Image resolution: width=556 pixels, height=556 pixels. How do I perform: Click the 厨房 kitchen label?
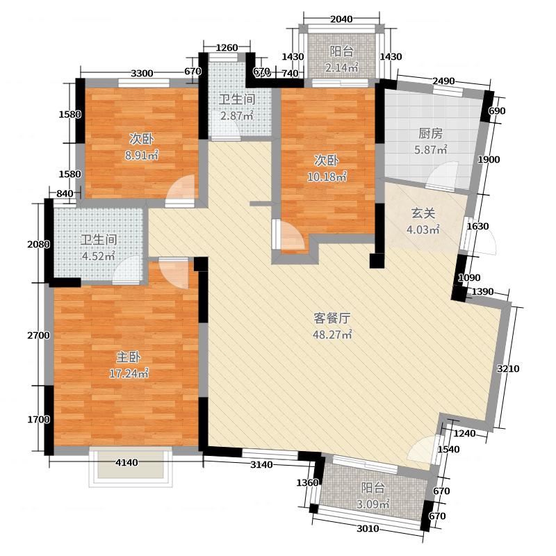[x=430, y=133]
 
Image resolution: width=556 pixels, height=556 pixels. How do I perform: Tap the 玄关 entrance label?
[x=423, y=213]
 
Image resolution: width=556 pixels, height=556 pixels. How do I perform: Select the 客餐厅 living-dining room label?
[x=332, y=318]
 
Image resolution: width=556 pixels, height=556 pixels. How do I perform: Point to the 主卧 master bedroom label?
[x=129, y=357]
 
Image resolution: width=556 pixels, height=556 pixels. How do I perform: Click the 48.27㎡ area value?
[x=332, y=334]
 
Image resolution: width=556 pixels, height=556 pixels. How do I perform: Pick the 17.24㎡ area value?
[x=129, y=373]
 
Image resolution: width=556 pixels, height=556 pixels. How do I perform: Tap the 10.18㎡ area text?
[x=327, y=177]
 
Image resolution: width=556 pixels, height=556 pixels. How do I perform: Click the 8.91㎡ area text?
[x=141, y=155]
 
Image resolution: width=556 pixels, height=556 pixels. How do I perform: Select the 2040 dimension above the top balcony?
[x=341, y=19]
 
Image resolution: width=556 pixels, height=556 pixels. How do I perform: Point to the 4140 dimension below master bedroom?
[x=127, y=463]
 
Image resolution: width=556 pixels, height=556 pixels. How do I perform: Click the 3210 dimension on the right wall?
[x=508, y=369]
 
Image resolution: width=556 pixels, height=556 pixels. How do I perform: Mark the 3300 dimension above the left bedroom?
[x=142, y=74]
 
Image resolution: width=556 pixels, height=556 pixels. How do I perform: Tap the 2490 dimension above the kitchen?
[x=443, y=81]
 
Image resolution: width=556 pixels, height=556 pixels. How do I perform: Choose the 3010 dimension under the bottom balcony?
[x=368, y=529]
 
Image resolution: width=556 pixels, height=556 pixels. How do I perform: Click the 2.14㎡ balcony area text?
[x=342, y=67]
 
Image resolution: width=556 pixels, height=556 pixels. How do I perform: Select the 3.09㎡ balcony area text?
[x=373, y=504]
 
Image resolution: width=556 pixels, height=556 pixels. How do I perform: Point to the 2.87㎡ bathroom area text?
[x=237, y=115]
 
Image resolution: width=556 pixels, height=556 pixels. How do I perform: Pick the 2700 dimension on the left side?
[x=38, y=336]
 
